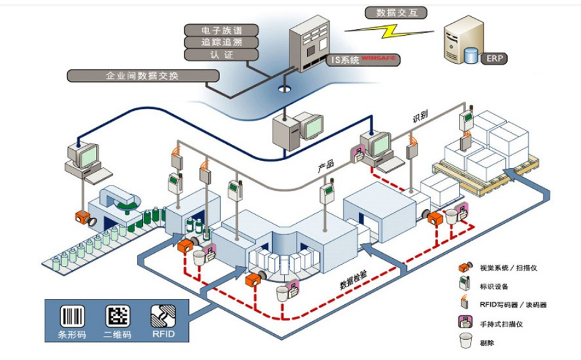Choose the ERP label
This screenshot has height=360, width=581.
[x=494, y=58]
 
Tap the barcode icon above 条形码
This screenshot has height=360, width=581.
[x=71, y=316]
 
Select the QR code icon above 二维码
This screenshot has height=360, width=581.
[x=117, y=316]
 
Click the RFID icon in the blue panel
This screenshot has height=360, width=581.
[x=162, y=316]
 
